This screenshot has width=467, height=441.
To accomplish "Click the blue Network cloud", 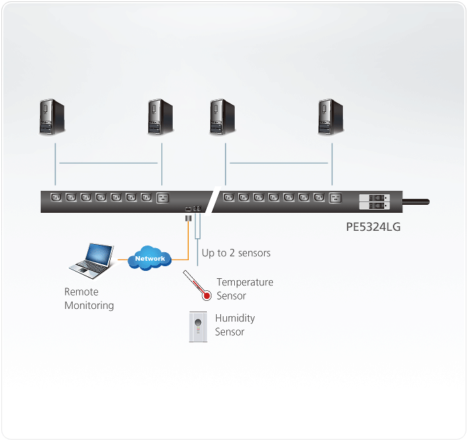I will click(x=150, y=258).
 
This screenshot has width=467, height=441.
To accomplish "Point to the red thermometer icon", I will click(x=198, y=287).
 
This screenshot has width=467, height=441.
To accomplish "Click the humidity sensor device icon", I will click(x=198, y=328).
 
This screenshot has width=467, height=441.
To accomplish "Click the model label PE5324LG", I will click(x=373, y=228).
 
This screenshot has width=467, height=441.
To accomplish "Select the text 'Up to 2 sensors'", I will click(x=236, y=254).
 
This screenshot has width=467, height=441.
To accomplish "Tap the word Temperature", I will click(x=245, y=282).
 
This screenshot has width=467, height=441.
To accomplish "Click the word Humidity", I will click(x=235, y=318).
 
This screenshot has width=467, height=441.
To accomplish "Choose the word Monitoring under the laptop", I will click(x=89, y=306).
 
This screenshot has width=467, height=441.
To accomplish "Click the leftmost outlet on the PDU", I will click(x=55, y=197).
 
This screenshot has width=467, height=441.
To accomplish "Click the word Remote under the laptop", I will click(x=81, y=292).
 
